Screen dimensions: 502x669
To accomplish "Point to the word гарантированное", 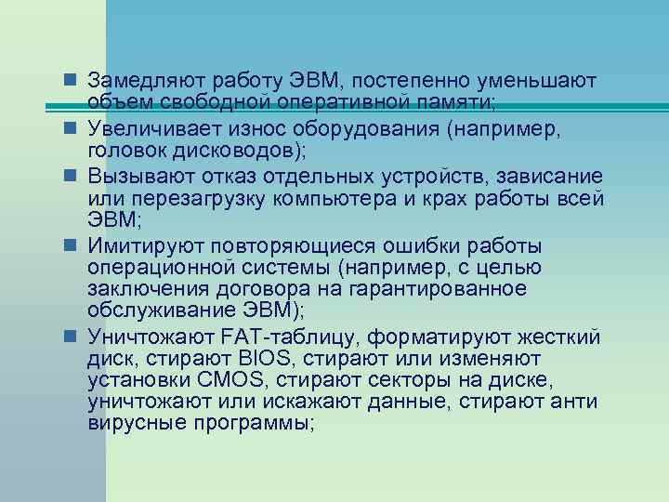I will (x=451, y=290).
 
